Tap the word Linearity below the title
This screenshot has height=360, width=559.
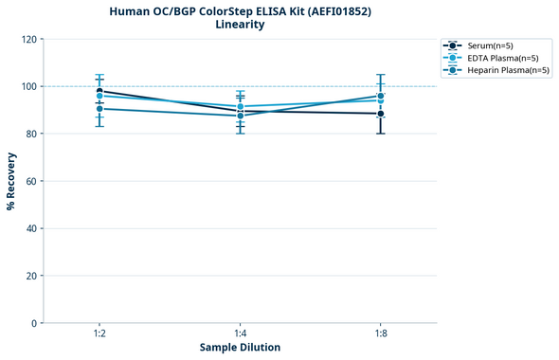[240, 25]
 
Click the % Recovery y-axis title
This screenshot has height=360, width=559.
[11, 180]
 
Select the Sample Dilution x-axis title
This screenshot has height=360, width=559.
[240, 348]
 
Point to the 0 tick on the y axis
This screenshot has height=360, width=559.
[34, 323]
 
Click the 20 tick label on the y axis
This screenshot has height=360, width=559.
[31, 276]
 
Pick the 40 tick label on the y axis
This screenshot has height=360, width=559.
[31, 228]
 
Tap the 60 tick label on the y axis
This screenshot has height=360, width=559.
[31, 181]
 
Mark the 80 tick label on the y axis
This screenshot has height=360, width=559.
[31, 134]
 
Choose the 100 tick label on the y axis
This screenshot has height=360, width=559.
[28, 86]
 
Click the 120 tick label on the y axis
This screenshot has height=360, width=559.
[28, 39]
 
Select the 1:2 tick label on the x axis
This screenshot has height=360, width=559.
[99, 334]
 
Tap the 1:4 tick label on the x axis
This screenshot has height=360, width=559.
[240, 334]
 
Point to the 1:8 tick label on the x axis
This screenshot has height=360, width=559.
[380, 334]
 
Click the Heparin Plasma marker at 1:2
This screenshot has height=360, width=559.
[99, 109]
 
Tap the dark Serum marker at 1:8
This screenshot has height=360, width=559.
[380, 114]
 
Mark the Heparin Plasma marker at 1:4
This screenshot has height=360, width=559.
[240, 116]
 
